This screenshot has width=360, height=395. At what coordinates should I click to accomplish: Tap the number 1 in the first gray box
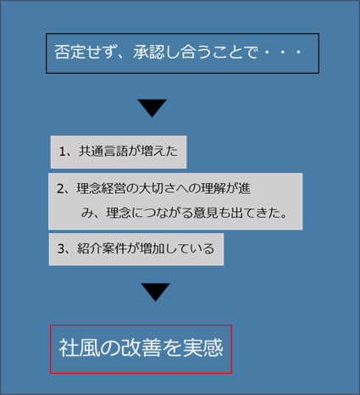pos(62,152)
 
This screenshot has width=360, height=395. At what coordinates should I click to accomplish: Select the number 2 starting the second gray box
pos(60,189)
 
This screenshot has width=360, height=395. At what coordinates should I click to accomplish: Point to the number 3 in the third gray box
pos(61,248)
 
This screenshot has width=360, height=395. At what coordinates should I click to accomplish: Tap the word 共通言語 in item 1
pos(103,151)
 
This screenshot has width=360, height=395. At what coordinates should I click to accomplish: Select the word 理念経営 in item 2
pos(101,188)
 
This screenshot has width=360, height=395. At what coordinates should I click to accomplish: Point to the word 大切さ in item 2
pos(157,188)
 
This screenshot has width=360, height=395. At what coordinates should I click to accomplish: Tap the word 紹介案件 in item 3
pos(102,248)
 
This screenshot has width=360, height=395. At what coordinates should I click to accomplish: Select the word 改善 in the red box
pos(141,348)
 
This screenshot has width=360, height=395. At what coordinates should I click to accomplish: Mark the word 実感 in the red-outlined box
pos(203,348)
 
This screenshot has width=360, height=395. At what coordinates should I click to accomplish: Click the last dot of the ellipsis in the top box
pos(298,53)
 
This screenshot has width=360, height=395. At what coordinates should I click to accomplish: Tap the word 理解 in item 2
pos(213,188)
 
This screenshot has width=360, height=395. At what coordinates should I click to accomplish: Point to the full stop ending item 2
pos(284,216)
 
